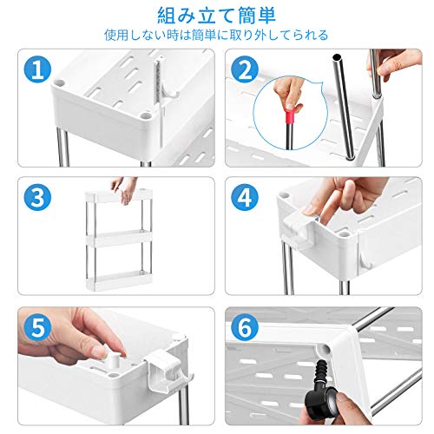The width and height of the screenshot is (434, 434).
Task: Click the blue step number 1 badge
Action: [37, 70]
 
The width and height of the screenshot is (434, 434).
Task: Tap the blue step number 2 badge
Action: [245, 70]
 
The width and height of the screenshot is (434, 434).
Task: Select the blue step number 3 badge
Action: [37, 198]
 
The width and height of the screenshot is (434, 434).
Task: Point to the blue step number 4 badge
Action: [245, 198]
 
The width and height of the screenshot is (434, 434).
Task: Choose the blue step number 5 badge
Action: [37, 327]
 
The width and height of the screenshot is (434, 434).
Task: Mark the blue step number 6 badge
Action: [245, 327]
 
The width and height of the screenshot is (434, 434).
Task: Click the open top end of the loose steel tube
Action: [337, 56]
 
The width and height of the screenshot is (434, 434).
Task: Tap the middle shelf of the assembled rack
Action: [119, 239]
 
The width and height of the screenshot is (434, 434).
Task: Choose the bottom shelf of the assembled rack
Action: [119, 279]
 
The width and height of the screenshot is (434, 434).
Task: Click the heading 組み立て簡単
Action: [216, 16]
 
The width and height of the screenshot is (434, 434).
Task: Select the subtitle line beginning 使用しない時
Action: [216, 35]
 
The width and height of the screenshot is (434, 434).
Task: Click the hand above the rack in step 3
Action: [125, 190]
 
